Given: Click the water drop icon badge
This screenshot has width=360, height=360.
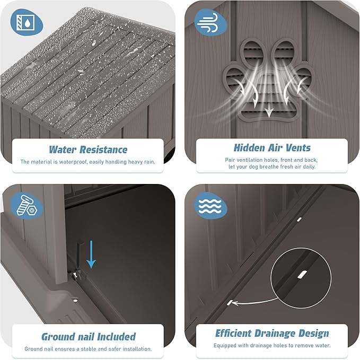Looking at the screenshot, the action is pos(27,22).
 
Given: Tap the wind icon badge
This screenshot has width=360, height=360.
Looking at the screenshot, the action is pos(210,22).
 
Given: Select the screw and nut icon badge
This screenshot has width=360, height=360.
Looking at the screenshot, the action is pos(27,205).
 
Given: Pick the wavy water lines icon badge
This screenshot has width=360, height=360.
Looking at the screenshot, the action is pos(210,205).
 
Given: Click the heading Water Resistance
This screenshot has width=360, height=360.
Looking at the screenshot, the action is pos(88,150).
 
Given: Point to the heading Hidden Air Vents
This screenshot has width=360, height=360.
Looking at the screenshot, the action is pos(272,148).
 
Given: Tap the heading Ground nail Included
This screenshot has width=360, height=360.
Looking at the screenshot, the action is pos(89,337).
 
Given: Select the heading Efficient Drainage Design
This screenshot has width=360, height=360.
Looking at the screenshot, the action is pos(272,333).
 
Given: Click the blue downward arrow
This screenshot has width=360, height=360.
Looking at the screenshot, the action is pos(91,254).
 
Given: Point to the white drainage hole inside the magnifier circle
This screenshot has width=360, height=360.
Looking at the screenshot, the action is pos(302,275).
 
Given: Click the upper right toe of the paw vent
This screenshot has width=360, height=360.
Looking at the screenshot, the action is pos(284,51).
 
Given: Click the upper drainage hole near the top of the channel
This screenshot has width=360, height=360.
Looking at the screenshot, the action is pos(299,219).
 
